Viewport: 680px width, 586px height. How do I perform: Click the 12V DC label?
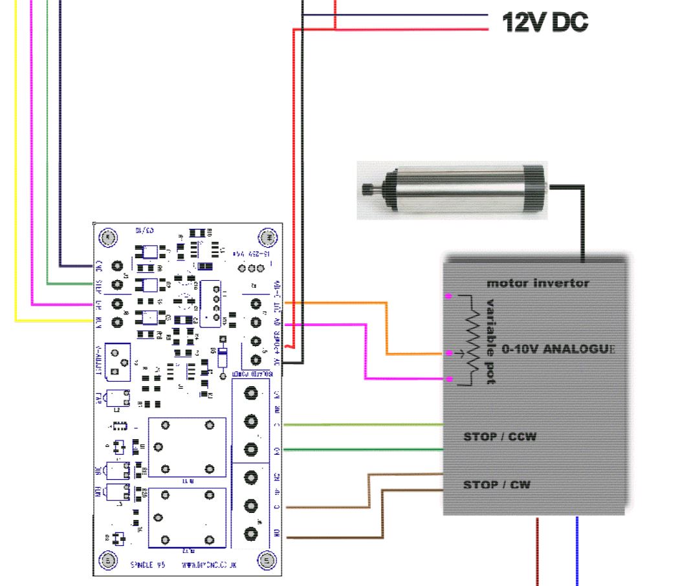(x=545, y=23)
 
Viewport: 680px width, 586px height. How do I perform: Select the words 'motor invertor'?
(x=538, y=283)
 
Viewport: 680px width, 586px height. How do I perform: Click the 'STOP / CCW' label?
(x=499, y=437)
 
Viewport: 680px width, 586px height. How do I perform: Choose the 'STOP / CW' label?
(x=496, y=484)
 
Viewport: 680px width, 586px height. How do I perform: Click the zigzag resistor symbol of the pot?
(x=472, y=336)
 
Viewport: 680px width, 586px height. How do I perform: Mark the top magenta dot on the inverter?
(x=448, y=296)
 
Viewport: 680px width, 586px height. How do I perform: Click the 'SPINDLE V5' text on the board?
(x=147, y=565)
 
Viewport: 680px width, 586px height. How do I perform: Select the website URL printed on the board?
(x=210, y=565)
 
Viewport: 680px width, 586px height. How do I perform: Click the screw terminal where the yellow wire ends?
(x=118, y=321)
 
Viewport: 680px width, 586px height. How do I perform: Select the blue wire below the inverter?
(x=576, y=550)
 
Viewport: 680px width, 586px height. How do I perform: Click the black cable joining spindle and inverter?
(x=582, y=220)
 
